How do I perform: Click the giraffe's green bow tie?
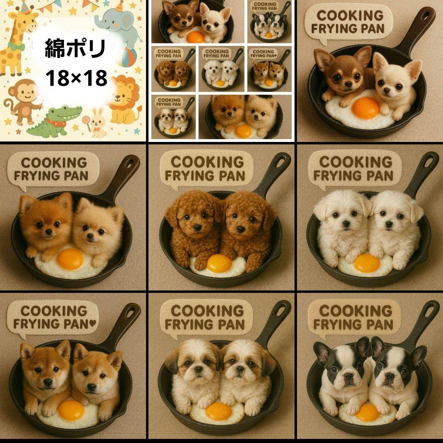tap(16, 46)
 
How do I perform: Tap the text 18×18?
tap(76, 78)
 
